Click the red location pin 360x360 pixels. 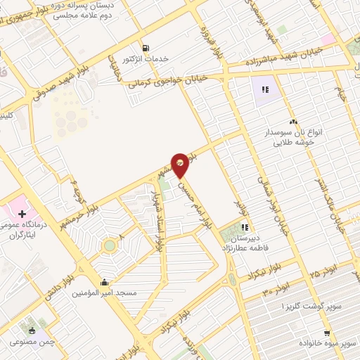point(181,165)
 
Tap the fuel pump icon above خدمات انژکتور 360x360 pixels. point(146,48)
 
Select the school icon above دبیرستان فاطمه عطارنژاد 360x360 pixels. point(245,226)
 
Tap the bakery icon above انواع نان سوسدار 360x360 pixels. point(292,122)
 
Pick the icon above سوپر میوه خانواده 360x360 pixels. point(327,333)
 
